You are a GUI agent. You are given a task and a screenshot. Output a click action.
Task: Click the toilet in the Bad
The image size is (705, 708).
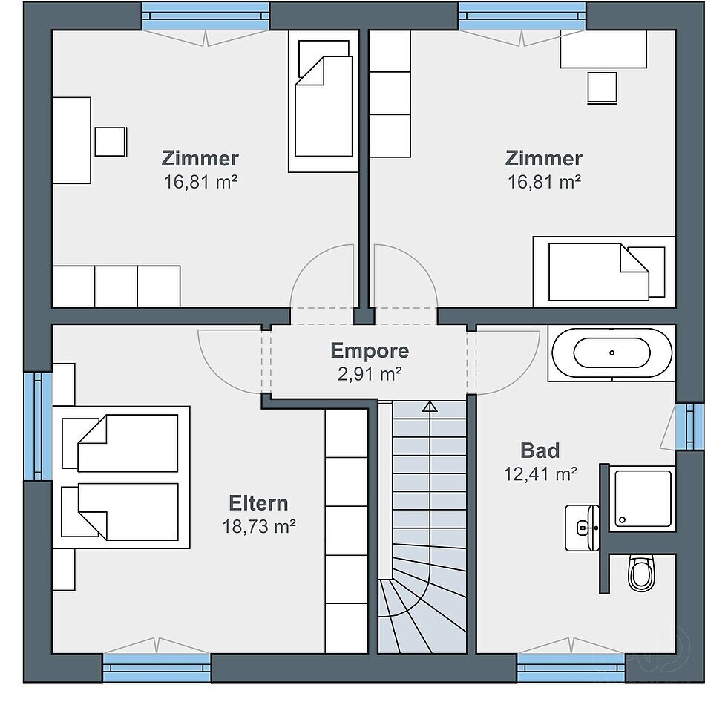[641, 574]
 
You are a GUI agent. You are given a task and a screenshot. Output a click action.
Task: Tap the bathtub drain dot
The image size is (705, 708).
[612, 353]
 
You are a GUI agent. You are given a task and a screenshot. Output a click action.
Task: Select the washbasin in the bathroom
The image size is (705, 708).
[582, 528]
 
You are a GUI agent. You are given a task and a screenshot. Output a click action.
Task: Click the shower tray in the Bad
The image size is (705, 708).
[641, 499]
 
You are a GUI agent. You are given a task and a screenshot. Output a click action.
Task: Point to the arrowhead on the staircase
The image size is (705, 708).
[430, 407]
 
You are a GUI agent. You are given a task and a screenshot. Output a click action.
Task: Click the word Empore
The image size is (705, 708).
[370, 350]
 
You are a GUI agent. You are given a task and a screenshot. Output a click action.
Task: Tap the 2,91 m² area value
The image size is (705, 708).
[370, 374]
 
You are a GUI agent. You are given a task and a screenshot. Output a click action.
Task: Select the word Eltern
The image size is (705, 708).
[258, 503]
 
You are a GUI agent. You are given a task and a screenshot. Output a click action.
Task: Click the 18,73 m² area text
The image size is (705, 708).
[259, 526]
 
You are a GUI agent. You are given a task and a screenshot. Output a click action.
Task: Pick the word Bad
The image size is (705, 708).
[540, 450]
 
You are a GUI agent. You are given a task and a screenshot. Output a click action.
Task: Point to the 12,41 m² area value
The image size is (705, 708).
[540, 474]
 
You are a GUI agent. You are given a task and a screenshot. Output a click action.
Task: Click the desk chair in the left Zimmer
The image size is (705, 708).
[111, 142]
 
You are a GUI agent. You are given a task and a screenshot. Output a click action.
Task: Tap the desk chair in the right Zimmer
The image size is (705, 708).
[603, 88]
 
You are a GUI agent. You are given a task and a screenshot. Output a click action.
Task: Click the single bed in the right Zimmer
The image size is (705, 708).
[604, 272]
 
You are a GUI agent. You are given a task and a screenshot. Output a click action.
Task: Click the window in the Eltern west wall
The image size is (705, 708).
[39, 426]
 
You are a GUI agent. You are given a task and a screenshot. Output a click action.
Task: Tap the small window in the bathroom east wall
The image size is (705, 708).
[689, 427]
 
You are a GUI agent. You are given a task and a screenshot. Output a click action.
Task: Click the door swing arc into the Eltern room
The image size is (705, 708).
[217, 373]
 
